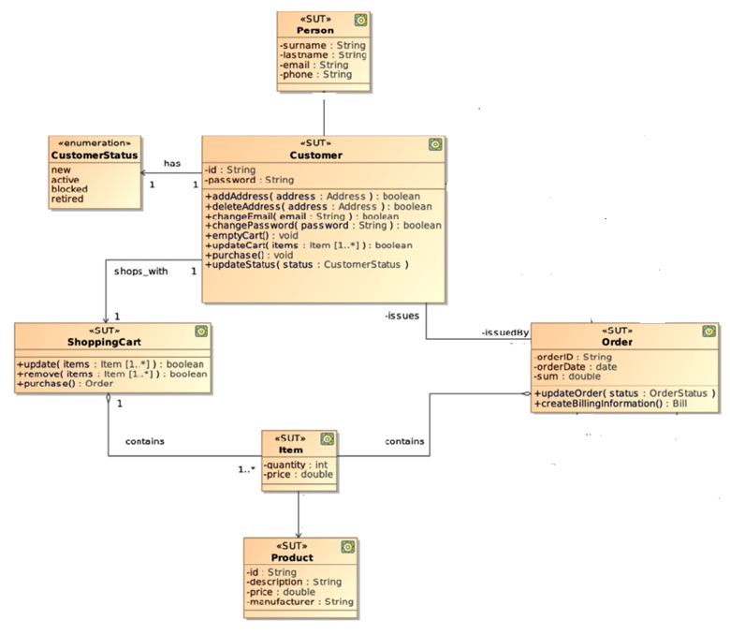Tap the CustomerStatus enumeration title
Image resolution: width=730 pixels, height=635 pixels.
click(x=95, y=155)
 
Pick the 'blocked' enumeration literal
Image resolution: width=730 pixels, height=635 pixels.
click(x=69, y=189)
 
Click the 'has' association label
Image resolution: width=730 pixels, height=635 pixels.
click(x=172, y=163)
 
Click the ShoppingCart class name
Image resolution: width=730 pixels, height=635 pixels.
click(x=111, y=341)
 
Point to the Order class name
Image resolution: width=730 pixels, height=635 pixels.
click(x=617, y=342)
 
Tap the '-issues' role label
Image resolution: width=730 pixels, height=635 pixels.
click(x=401, y=317)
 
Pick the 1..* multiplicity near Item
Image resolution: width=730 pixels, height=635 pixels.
click(x=247, y=468)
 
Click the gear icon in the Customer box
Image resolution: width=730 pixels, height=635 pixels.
click(x=434, y=144)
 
